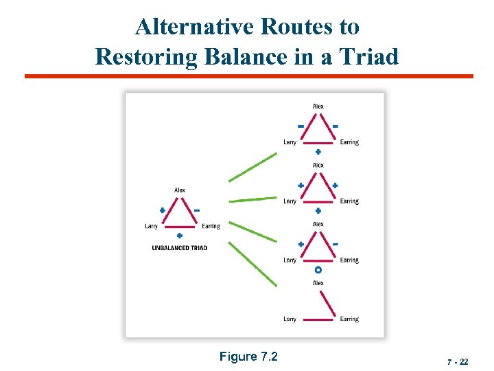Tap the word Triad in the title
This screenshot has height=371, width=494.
click(x=367, y=56)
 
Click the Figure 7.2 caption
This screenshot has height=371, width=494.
click(x=248, y=356)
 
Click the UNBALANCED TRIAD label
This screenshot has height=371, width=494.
click(x=180, y=248)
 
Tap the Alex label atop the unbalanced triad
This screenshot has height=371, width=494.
click(x=180, y=190)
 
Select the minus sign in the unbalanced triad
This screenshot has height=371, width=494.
click(x=197, y=210)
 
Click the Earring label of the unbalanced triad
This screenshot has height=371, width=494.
click(x=211, y=226)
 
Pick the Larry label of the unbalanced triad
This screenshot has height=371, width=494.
click(x=152, y=226)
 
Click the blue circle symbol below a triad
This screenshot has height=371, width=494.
click(x=318, y=270)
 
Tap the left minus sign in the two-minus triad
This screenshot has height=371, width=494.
click(x=301, y=126)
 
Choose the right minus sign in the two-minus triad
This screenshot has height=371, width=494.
click(x=335, y=126)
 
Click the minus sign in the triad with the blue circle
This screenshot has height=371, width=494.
click(x=335, y=244)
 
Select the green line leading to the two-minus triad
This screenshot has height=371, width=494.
click(x=252, y=168)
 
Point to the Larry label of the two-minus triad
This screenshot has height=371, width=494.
click(x=290, y=142)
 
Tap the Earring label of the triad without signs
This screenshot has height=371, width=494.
click(x=349, y=319)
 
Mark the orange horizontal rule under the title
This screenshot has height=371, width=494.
click(x=248, y=76)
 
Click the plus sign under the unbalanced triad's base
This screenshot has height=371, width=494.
click(x=180, y=236)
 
